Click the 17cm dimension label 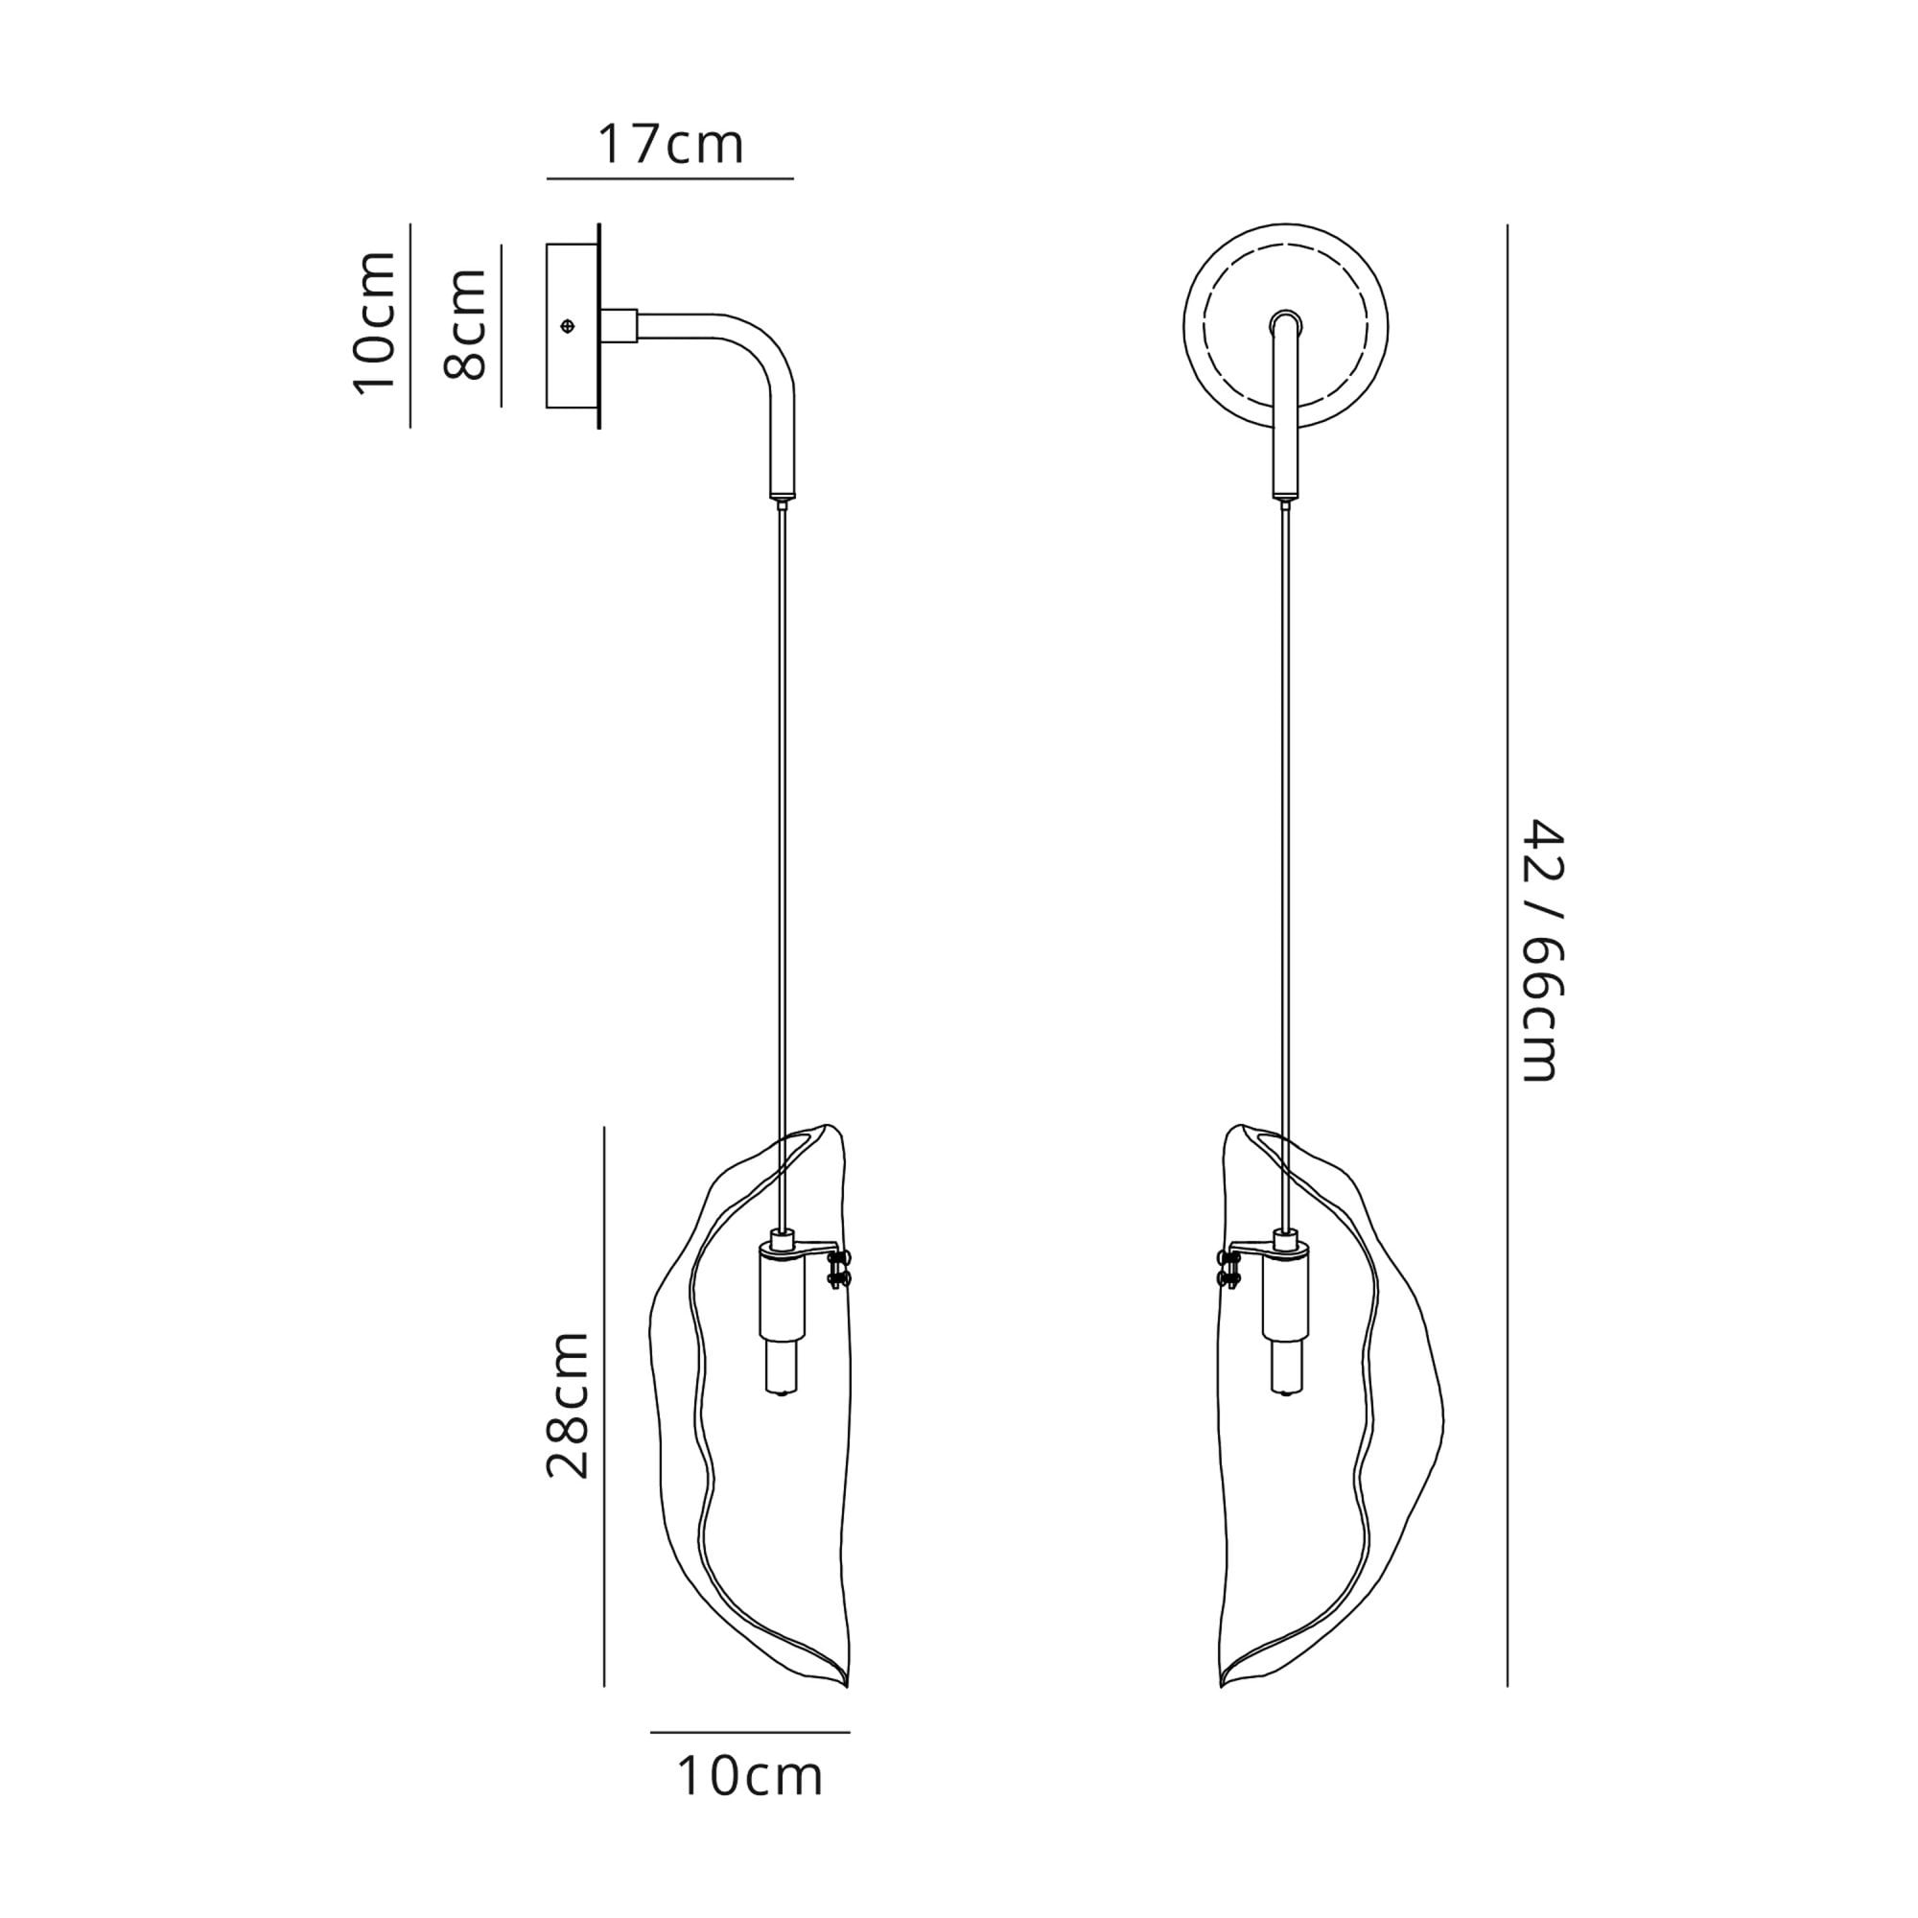click(670, 145)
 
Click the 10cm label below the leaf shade click(750, 1777)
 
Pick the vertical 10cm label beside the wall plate click(375, 323)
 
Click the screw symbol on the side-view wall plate click(568, 326)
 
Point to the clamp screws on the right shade click(1229, 1271)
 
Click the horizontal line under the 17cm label click(670, 178)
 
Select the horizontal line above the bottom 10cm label click(750, 1732)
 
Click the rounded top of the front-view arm click(1286, 319)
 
